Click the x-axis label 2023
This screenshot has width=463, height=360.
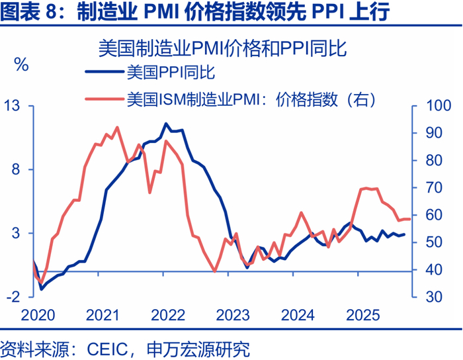[232, 314]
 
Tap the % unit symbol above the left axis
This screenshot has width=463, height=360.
[21, 65]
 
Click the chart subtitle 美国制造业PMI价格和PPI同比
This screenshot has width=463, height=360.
[223, 48]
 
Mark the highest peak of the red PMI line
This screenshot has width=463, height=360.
[117, 127]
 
